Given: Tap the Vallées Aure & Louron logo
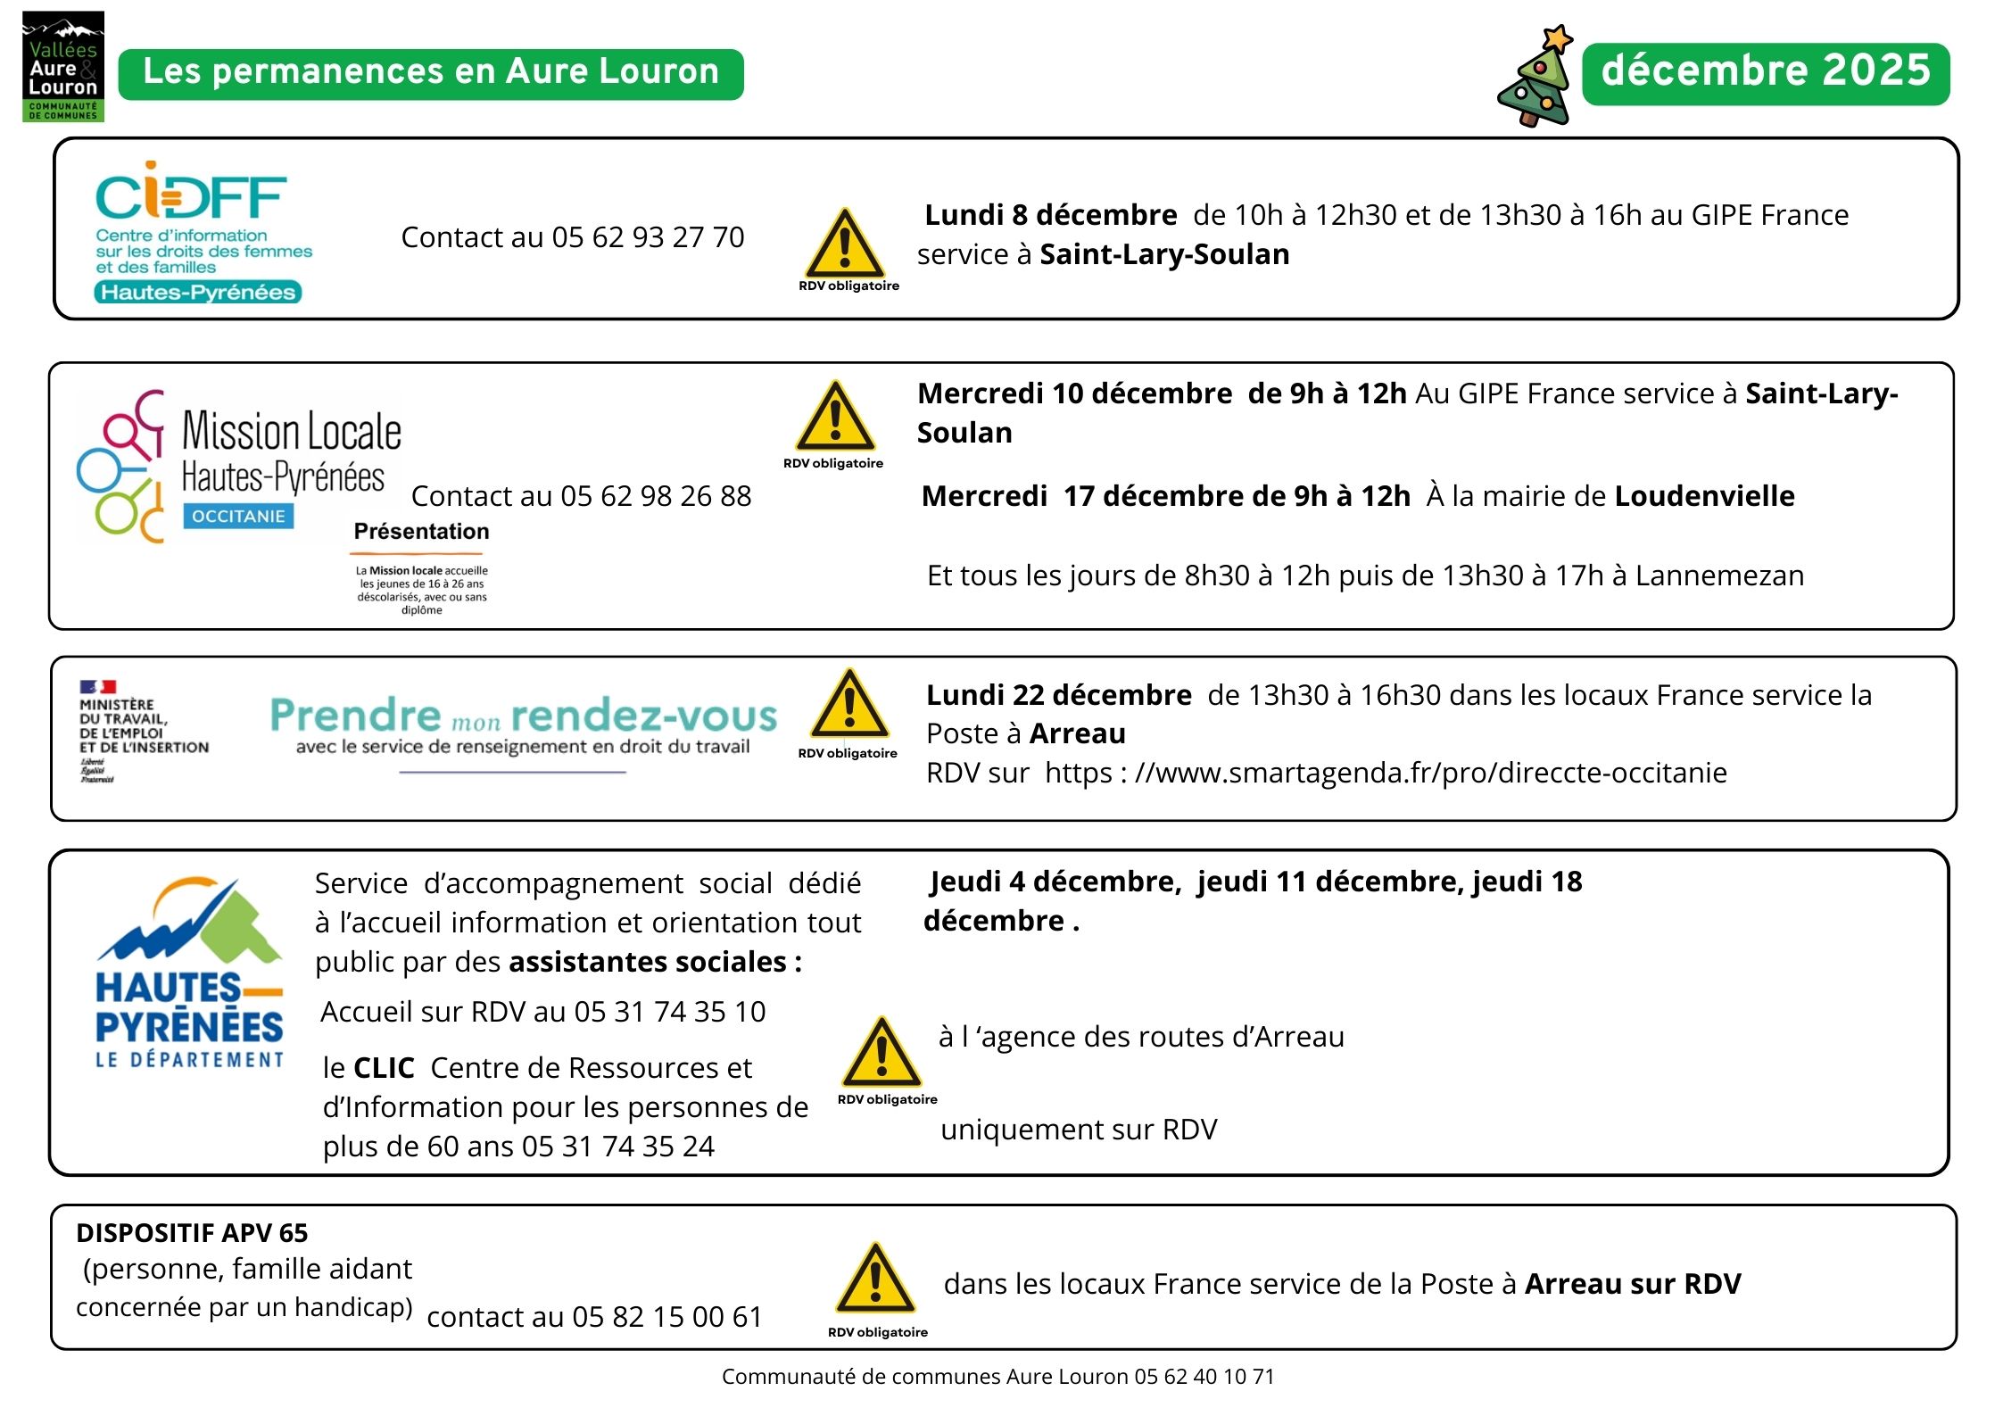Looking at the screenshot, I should point(62,68).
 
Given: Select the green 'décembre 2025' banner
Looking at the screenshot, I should point(1765,72).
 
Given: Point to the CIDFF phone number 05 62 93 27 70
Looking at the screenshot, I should point(648,237).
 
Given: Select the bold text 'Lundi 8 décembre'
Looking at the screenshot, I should point(1050,215).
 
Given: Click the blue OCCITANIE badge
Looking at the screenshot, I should point(238,516).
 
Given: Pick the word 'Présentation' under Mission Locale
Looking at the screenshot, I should point(421,532).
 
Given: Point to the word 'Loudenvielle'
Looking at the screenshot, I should point(1704,496).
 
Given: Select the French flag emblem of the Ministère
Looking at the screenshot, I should point(97,687).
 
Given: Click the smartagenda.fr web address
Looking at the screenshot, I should point(1429,773).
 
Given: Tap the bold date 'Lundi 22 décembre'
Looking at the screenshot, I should point(1058,695).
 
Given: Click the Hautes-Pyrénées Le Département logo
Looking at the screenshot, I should point(189,973).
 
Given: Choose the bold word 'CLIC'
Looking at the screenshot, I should point(384,1068).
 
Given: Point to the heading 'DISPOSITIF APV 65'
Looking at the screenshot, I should point(192,1233).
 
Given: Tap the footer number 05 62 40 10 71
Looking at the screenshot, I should point(1204,1377).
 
